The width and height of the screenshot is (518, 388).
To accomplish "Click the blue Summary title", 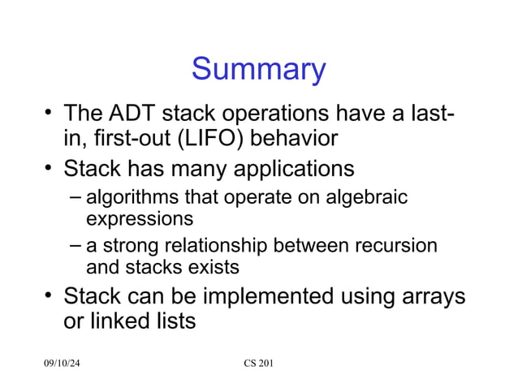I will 258,70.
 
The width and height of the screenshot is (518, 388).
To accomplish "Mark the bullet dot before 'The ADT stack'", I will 50,113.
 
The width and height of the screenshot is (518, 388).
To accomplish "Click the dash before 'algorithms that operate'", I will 75,196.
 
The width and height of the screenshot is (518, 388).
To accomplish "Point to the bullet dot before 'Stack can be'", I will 50,296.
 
